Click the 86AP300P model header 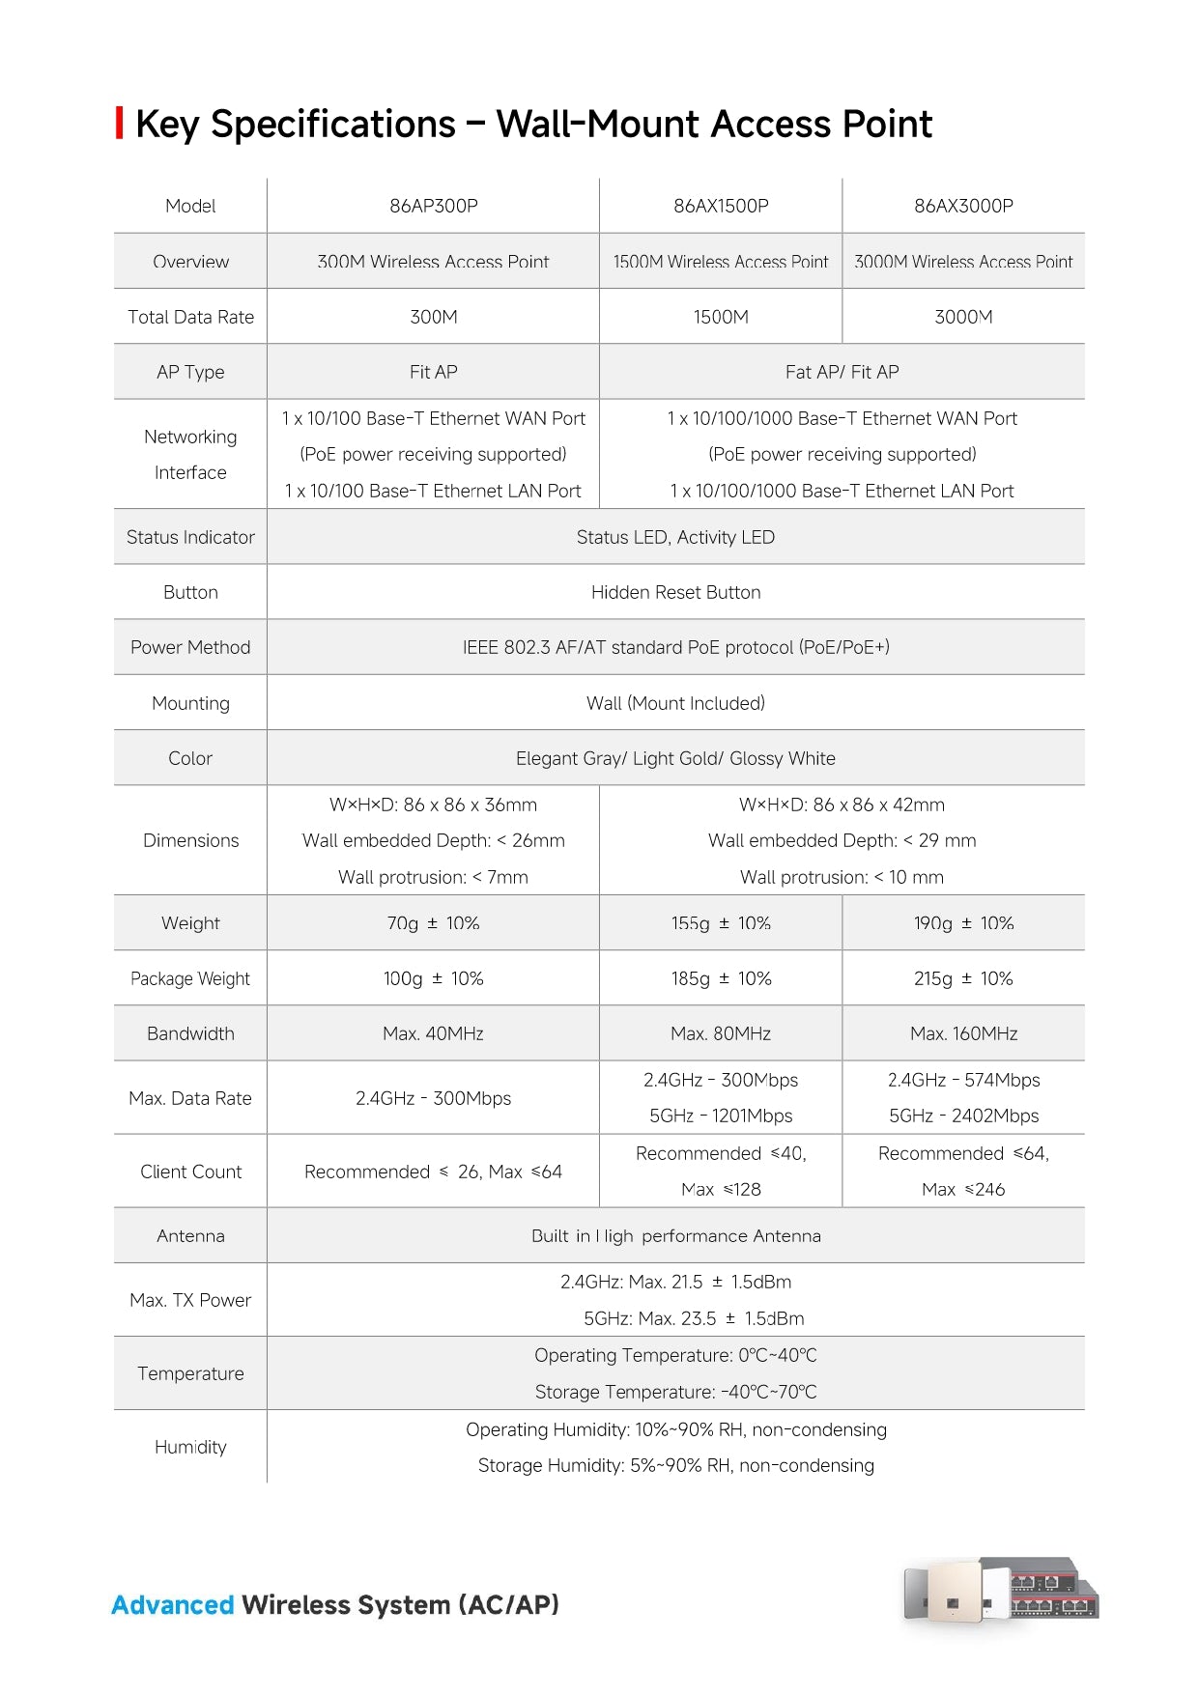click(x=433, y=206)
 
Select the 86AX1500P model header click(x=721, y=206)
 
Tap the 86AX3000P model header click(x=963, y=206)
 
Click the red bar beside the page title click(x=119, y=124)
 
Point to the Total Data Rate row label click(x=190, y=317)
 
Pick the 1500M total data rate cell click(x=721, y=317)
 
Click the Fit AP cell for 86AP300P click(x=433, y=372)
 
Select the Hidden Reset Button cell click(x=675, y=592)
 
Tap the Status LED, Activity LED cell click(x=675, y=537)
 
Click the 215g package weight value click(x=963, y=978)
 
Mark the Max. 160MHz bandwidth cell click(x=963, y=1033)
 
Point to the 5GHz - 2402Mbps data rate click(x=963, y=1116)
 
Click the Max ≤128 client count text click(x=721, y=1189)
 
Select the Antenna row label click(x=190, y=1235)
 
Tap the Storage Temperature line click(x=675, y=1392)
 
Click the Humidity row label click(x=190, y=1447)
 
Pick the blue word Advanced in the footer click(x=173, y=1605)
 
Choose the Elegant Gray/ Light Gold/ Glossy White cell click(x=675, y=758)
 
